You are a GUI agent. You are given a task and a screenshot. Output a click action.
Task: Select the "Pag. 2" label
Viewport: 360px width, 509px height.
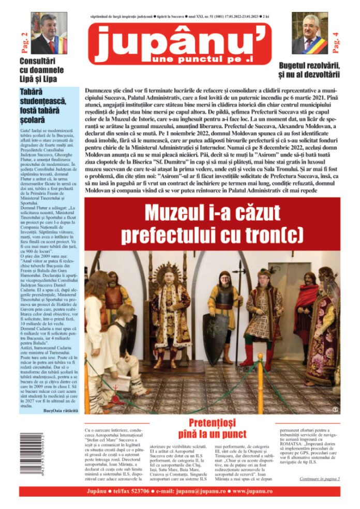(x=24, y=41)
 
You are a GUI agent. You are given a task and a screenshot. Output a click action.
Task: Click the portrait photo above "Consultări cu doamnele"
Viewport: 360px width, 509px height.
(x=49, y=33)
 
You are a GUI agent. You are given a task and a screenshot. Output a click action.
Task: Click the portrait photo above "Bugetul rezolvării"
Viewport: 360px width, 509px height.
(x=309, y=33)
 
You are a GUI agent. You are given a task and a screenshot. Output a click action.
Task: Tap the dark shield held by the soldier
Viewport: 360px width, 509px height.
(x=214, y=331)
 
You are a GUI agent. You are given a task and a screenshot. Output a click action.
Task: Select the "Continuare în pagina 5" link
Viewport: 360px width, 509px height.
(x=320, y=479)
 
